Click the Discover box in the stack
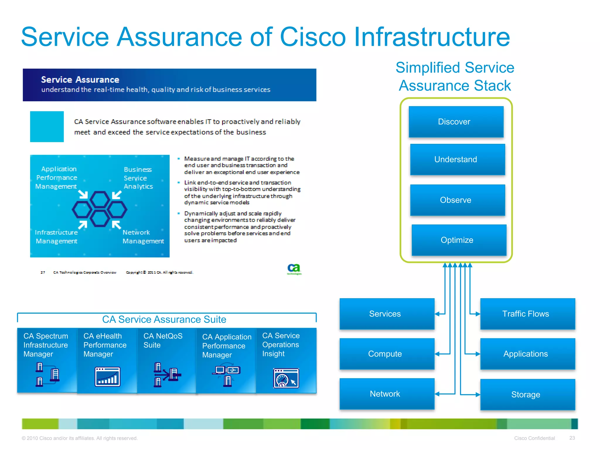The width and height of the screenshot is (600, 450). (x=456, y=122)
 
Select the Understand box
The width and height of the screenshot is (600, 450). (x=457, y=159)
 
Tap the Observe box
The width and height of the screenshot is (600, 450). (x=457, y=200)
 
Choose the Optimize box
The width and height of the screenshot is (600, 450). (x=458, y=240)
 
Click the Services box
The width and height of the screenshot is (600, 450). (x=386, y=314)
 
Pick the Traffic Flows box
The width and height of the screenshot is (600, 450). (x=527, y=314)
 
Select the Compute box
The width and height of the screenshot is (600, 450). (x=386, y=354)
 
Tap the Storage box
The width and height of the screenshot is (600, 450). (x=527, y=394)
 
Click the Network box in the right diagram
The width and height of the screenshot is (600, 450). (x=386, y=394)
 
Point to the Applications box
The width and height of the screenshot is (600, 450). (x=527, y=354)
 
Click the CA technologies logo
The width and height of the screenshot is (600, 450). (x=294, y=269)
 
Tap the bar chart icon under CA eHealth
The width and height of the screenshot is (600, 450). (x=108, y=376)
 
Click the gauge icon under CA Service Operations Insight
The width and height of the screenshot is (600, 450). (x=286, y=378)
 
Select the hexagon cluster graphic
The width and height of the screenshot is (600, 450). (x=100, y=209)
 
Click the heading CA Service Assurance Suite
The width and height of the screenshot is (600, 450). (x=164, y=319)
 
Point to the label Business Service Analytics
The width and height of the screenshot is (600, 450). (x=138, y=178)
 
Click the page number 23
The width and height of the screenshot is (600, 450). (x=572, y=438)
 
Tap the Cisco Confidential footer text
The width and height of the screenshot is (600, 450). (x=534, y=438)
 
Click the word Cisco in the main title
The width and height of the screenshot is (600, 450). (x=313, y=37)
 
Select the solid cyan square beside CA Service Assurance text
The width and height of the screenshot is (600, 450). (x=47, y=127)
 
